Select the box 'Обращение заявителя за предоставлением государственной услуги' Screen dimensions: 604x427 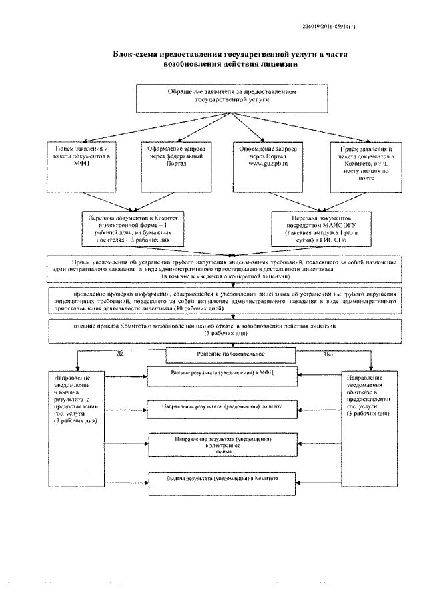231,97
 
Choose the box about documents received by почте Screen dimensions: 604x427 360,166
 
